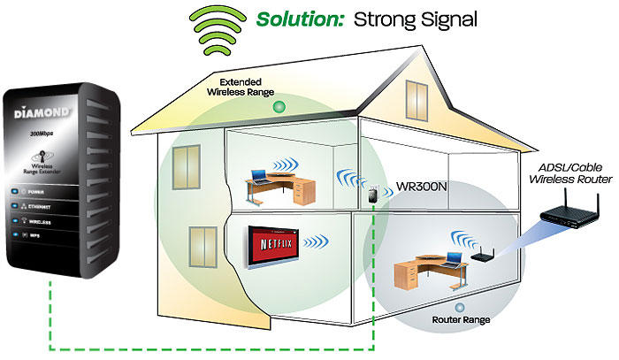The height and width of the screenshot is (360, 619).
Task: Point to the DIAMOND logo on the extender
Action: click(44, 114)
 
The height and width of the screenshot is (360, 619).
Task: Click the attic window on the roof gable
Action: click(416, 95)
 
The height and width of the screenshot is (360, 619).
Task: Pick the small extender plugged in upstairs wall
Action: click(377, 194)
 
